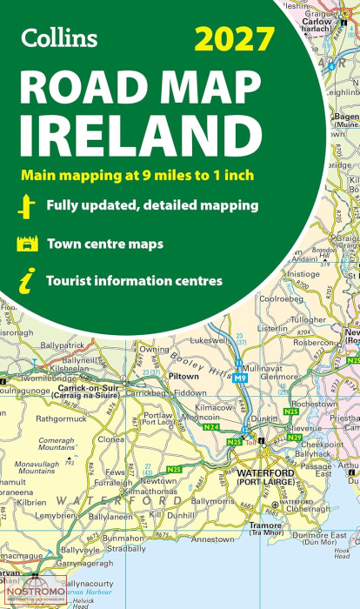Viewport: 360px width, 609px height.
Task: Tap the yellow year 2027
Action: point(236,39)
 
